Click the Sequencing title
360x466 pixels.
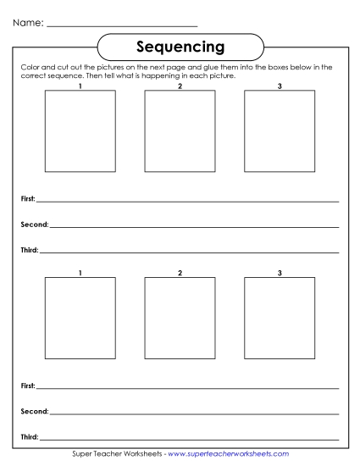click(180, 45)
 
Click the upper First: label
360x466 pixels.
click(27, 199)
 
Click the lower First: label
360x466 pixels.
click(27, 386)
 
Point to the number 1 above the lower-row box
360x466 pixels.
click(80, 272)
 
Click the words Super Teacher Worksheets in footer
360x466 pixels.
click(118, 455)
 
